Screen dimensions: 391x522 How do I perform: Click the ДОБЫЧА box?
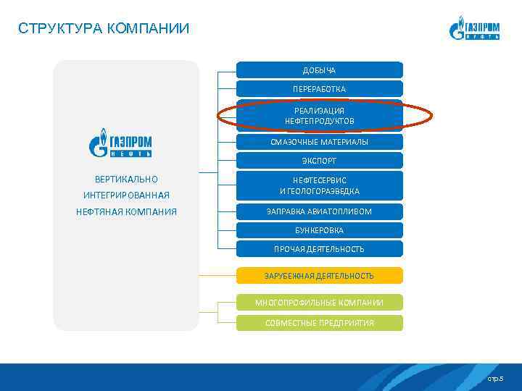[x=319, y=70]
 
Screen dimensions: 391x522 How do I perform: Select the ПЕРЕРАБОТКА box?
[x=319, y=88]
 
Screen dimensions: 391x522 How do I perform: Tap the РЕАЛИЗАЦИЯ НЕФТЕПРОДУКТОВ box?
[x=319, y=116]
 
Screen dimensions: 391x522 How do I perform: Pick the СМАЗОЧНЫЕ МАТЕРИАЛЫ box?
[x=319, y=142]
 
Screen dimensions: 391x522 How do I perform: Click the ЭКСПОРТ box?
[x=319, y=160]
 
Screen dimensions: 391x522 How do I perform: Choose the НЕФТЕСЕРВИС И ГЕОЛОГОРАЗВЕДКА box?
[x=319, y=185]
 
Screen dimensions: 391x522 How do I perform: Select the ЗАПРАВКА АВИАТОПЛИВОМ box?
[x=319, y=211]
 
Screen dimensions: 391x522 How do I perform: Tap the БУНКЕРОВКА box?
[x=319, y=230]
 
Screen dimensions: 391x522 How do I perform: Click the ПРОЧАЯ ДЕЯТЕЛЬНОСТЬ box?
[x=319, y=248]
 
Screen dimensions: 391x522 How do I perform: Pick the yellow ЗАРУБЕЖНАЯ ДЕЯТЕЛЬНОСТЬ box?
[x=319, y=276]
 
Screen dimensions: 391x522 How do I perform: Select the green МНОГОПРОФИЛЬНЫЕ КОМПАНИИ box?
[x=319, y=302]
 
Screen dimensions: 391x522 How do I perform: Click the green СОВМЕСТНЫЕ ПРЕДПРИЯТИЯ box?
[x=319, y=322]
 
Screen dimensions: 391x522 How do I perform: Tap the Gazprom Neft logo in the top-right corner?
[x=475, y=28]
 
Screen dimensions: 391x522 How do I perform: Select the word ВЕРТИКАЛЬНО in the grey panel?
[x=126, y=179]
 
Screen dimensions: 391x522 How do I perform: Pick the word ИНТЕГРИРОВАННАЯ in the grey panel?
[x=126, y=195]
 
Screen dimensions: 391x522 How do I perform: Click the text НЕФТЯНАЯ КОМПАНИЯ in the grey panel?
[x=126, y=212]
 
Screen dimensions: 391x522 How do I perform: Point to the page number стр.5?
[x=494, y=379]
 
